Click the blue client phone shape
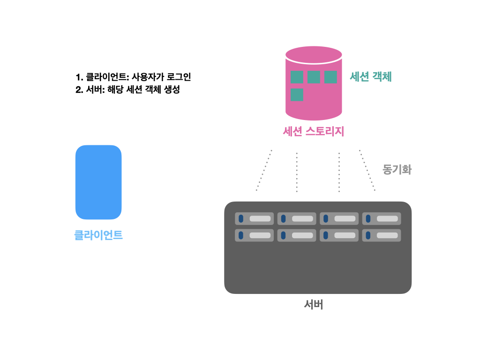pyautogui.click(x=98, y=182)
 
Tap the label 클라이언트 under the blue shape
pyautogui.click(x=98, y=235)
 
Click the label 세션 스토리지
pyautogui.click(x=314, y=132)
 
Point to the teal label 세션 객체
pyautogui.click(x=370, y=77)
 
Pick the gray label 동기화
pyautogui.click(x=397, y=169)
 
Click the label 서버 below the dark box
pyautogui.click(x=314, y=305)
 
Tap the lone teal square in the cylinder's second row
pyautogui.click(x=297, y=95)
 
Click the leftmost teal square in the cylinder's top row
pyautogui.click(x=297, y=77)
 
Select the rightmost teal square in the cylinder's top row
pyautogui.click(x=330, y=77)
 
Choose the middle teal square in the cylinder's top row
pyautogui.click(x=314, y=77)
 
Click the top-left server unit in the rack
pyautogui.click(x=254, y=218)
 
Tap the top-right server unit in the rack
pyautogui.click(x=381, y=218)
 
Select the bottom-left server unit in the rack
pyautogui.click(x=254, y=235)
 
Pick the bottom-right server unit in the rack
pyautogui.click(x=381, y=235)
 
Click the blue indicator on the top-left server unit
pyautogui.click(x=241, y=218)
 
